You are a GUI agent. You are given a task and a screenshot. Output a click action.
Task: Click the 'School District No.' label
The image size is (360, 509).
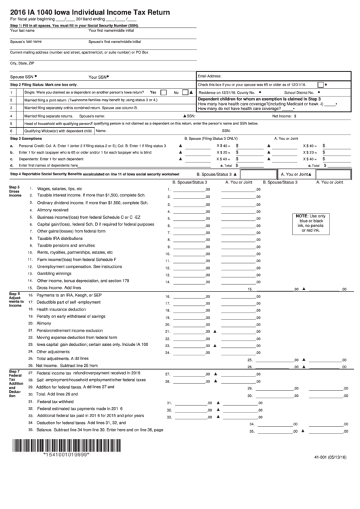click(299, 92)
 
